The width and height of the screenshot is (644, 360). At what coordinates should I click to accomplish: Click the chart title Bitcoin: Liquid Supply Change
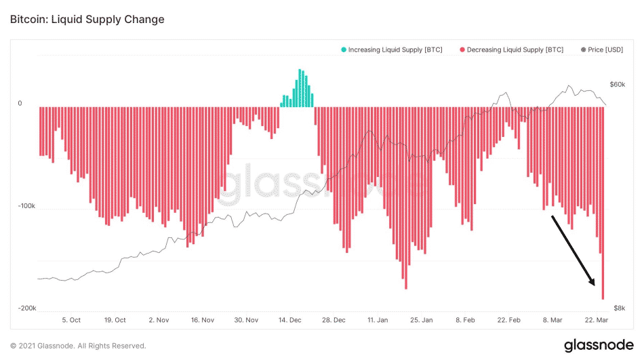click(x=87, y=19)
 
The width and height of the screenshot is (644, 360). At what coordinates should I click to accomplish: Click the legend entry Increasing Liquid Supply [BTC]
click(x=395, y=50)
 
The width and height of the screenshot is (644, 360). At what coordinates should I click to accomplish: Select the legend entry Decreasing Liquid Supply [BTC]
click(x=515, y=50)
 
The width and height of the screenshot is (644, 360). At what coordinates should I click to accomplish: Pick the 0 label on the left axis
click(x=20, y=104)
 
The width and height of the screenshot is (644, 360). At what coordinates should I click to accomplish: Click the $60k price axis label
click(x=618, y=85)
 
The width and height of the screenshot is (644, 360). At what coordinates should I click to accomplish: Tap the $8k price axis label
click(x=619, y=308)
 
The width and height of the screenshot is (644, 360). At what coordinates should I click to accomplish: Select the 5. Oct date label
click(x=71, y=320)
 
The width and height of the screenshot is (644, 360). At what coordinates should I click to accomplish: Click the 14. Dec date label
click(x=291, y=320)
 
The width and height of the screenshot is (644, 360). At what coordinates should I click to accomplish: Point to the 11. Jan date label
click(x=378, y=320)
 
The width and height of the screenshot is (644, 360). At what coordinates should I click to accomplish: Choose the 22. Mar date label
click(x=595, y=320)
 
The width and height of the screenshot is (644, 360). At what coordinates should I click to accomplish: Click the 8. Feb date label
click(x=466, y=320)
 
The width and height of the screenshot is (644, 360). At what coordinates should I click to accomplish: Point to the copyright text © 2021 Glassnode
click(x=78, y=346)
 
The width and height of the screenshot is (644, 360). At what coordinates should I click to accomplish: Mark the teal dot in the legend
click(x=344, y=50)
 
